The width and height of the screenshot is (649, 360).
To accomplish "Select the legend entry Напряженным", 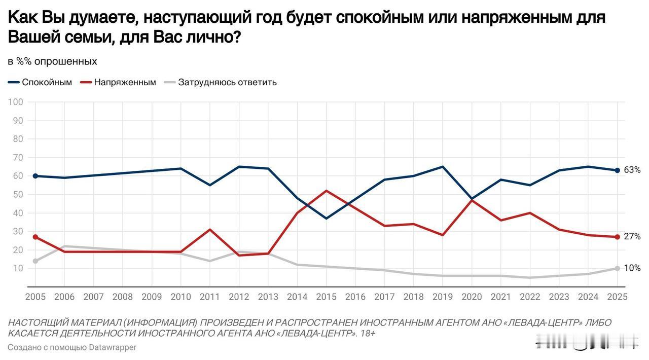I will (x=125, y=82).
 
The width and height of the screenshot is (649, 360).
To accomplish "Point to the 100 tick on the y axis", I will (x=16, y=102).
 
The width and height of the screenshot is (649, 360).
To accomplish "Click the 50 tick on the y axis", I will (x=18, y=195).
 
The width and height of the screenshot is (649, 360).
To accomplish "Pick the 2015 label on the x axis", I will (x=326, y=297).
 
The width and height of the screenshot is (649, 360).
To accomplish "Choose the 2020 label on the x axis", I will (x=472, y=297).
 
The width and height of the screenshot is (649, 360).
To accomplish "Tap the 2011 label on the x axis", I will (x=210, y=297).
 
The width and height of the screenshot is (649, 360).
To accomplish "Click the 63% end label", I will (x=632, y=170).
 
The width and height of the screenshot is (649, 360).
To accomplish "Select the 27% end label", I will (x=632, y=237).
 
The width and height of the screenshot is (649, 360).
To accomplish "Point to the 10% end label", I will (x=632, y=268).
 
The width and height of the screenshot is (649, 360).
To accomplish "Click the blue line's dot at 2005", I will (x=35, y=176).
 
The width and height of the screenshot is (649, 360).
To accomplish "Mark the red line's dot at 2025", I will (x=617, y=237).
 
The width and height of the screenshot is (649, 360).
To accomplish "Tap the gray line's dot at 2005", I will (x=35, y=261).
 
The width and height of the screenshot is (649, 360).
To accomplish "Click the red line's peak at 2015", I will (x=326, y=191).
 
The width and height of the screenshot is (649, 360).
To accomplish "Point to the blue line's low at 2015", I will (x=326, y=219).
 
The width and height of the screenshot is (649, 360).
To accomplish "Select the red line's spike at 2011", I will (x=210, y=230).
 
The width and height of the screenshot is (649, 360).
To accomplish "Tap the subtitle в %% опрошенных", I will (x=52, y=61).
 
